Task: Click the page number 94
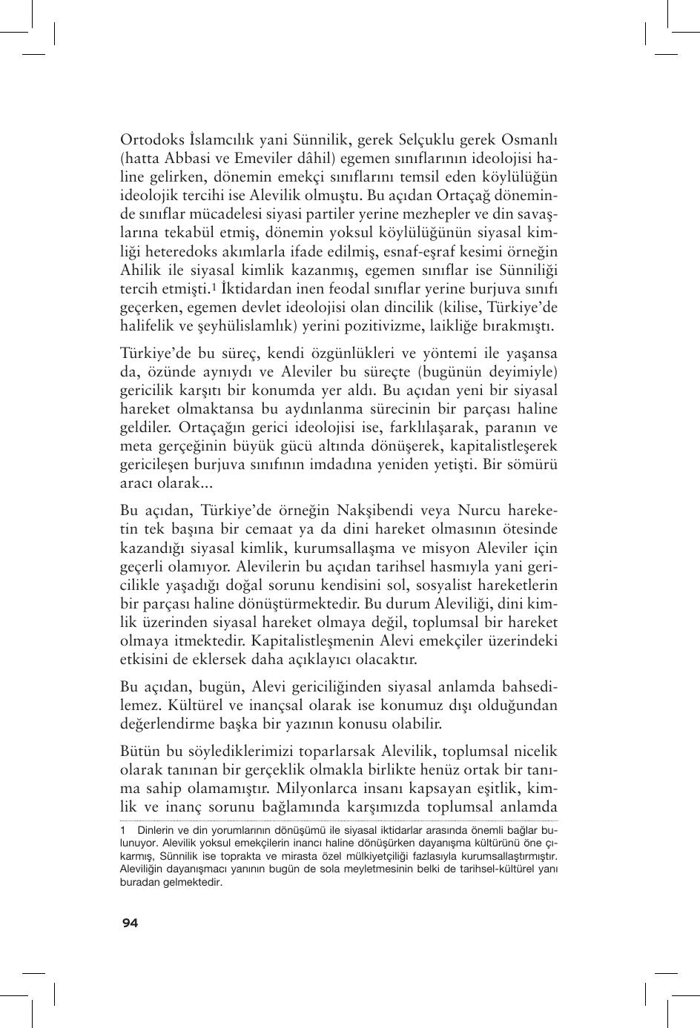(130, 923)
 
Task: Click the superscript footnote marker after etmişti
(213, 287)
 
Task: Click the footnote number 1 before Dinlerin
(122, 831)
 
